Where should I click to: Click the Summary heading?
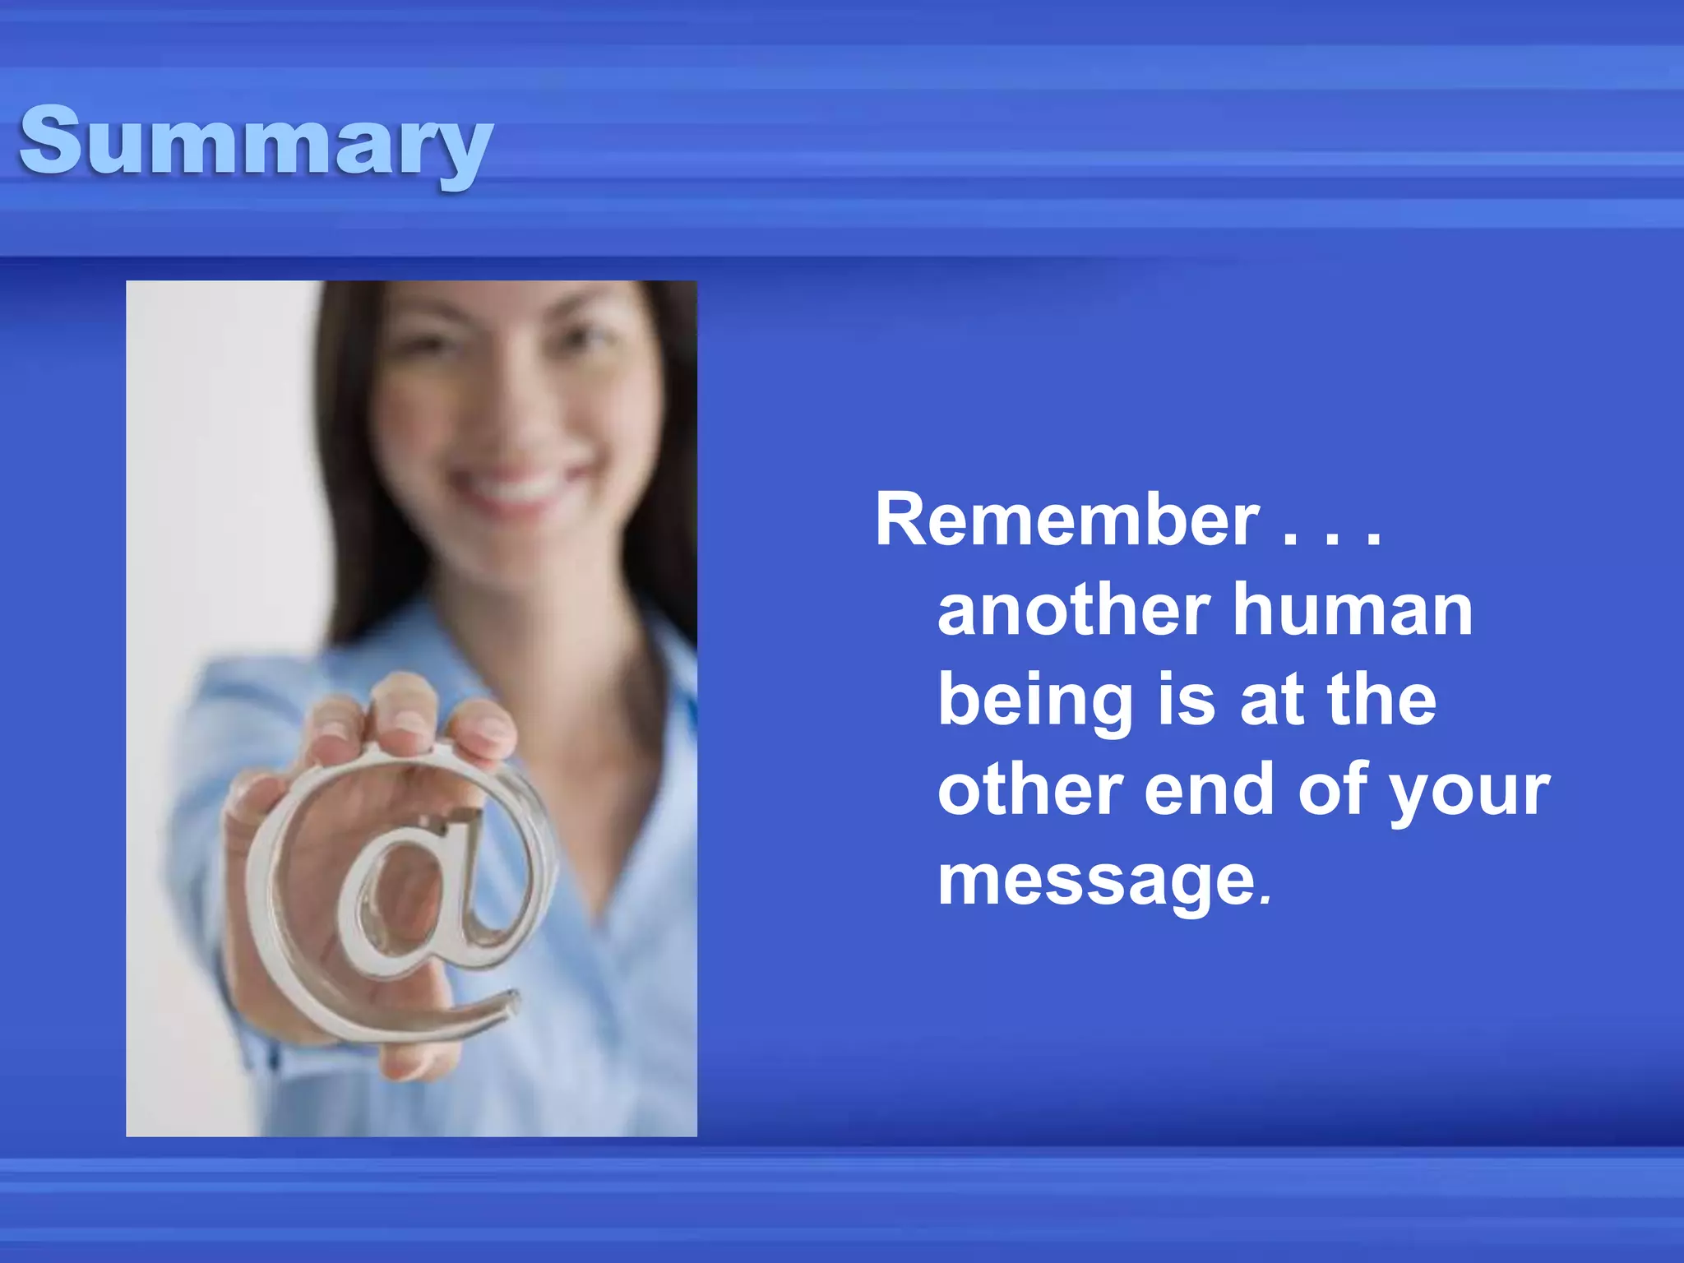[255, 141]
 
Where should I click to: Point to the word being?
[1034, 701]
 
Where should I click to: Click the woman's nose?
[510, 411]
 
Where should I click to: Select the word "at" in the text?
[1270, 701]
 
